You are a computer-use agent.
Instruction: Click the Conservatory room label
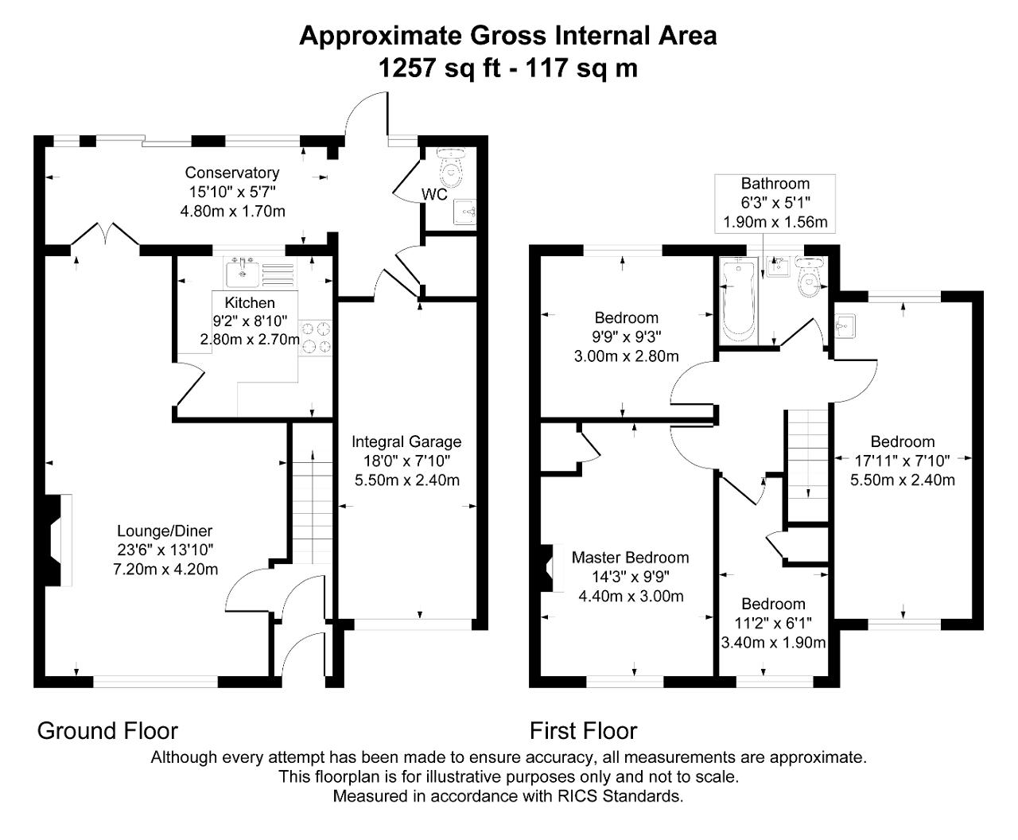(232, 173)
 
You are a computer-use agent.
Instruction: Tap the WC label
(434, 194)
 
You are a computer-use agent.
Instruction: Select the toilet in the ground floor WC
(453, 165)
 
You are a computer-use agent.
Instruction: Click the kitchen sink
(242, 273)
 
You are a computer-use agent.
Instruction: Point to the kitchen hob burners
(316, 336)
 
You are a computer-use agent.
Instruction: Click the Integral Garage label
(406, 441)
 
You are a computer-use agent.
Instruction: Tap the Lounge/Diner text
(165, 531)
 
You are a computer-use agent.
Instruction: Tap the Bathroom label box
(775, 203)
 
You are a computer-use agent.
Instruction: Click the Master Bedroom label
(631, 558)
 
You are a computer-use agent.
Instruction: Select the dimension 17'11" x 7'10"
(903, 461)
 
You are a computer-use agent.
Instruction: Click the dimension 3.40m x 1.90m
(773, 643)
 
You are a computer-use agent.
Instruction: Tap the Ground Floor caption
(107, 730)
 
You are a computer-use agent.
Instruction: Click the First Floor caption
(584, 730)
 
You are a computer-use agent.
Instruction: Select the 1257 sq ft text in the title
(439, 68)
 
